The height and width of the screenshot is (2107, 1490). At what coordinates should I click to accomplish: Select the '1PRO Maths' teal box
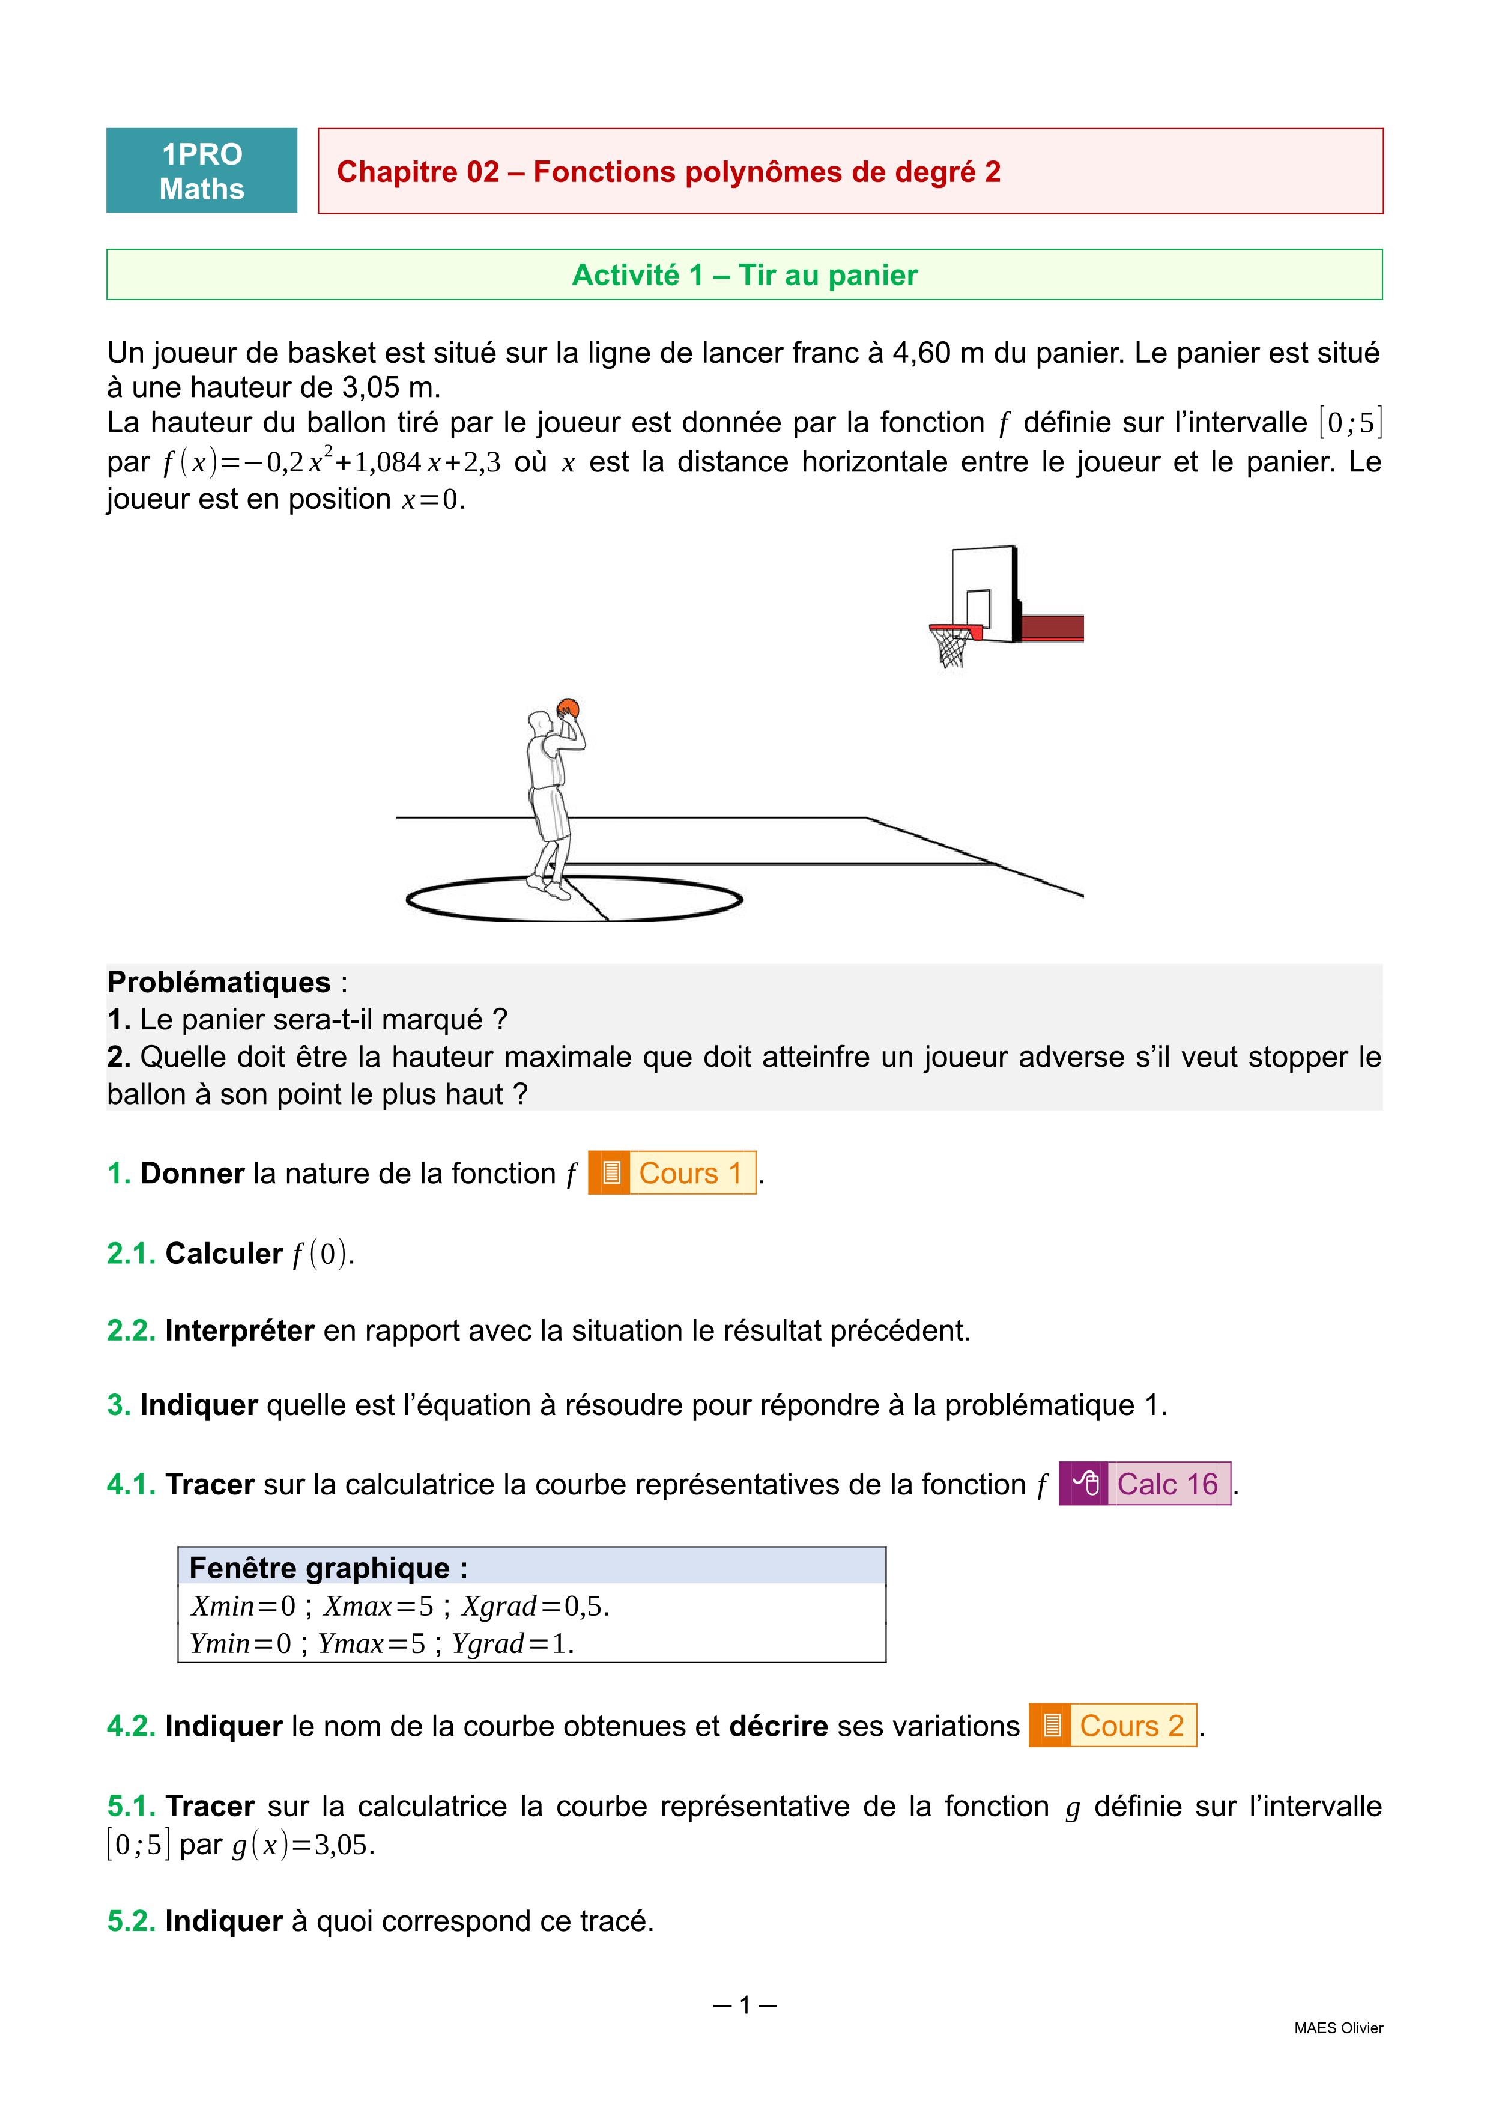(202, 171)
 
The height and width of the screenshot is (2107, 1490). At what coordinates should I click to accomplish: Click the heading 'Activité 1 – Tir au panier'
(744, 275)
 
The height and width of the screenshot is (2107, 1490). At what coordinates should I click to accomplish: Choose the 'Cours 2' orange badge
(1112, 1725)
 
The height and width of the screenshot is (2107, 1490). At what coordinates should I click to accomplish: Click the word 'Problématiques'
(219, 982)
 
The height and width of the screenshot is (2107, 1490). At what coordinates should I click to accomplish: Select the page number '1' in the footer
(745, 2005)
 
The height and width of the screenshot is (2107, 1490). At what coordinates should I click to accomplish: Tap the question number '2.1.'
(131, 1254)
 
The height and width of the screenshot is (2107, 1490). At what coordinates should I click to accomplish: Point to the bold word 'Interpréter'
(240, 1330)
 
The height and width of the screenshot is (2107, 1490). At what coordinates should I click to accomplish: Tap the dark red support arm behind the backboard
(1052, 628)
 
